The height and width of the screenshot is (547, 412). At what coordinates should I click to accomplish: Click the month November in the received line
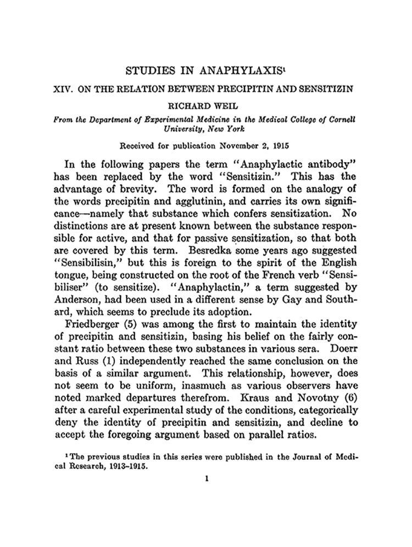click(230, 146)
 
